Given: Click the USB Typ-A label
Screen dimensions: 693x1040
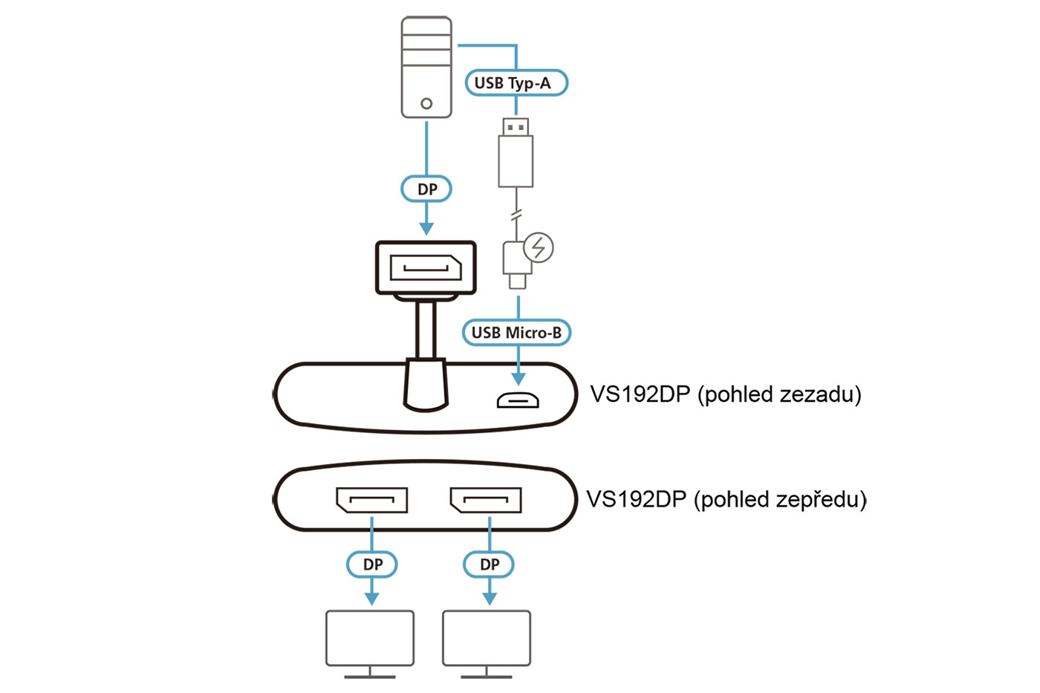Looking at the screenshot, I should [x=516, y=82].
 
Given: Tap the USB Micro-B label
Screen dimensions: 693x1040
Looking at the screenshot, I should [x=516, y=332].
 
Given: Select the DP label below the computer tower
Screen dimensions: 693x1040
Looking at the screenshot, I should [x=426, y=189].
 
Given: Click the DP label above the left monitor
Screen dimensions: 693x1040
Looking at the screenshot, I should [x=372, y=565].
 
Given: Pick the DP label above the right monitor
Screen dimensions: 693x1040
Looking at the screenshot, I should [x=489, y=565].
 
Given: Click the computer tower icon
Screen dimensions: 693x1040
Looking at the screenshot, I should [x=426, y=67].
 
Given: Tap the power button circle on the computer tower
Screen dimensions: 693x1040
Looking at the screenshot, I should [x=426, y=103].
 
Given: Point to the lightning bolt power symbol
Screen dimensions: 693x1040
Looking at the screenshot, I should [x=539, y=247].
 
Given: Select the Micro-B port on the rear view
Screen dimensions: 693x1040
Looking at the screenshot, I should [x=518, y=400].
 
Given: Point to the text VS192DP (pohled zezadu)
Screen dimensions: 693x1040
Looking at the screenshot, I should [x=726, y=394].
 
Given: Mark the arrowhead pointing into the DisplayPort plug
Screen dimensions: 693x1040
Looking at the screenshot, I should [x=426, y=227].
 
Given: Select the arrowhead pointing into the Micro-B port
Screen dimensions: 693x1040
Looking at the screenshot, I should [x=519, y=379].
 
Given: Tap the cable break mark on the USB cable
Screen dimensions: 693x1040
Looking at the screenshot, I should [x=517, y=215].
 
